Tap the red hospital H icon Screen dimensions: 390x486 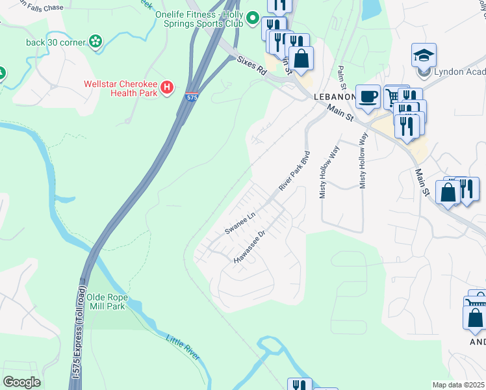point(168,86)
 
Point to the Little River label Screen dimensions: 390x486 point(185,350)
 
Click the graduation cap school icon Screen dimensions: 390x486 point(424,55)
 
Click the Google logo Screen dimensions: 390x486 point(21,382)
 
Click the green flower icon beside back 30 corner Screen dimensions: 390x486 point(96,42)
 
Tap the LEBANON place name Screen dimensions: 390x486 point(333,96)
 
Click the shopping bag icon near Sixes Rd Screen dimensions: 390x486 point(301,58)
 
